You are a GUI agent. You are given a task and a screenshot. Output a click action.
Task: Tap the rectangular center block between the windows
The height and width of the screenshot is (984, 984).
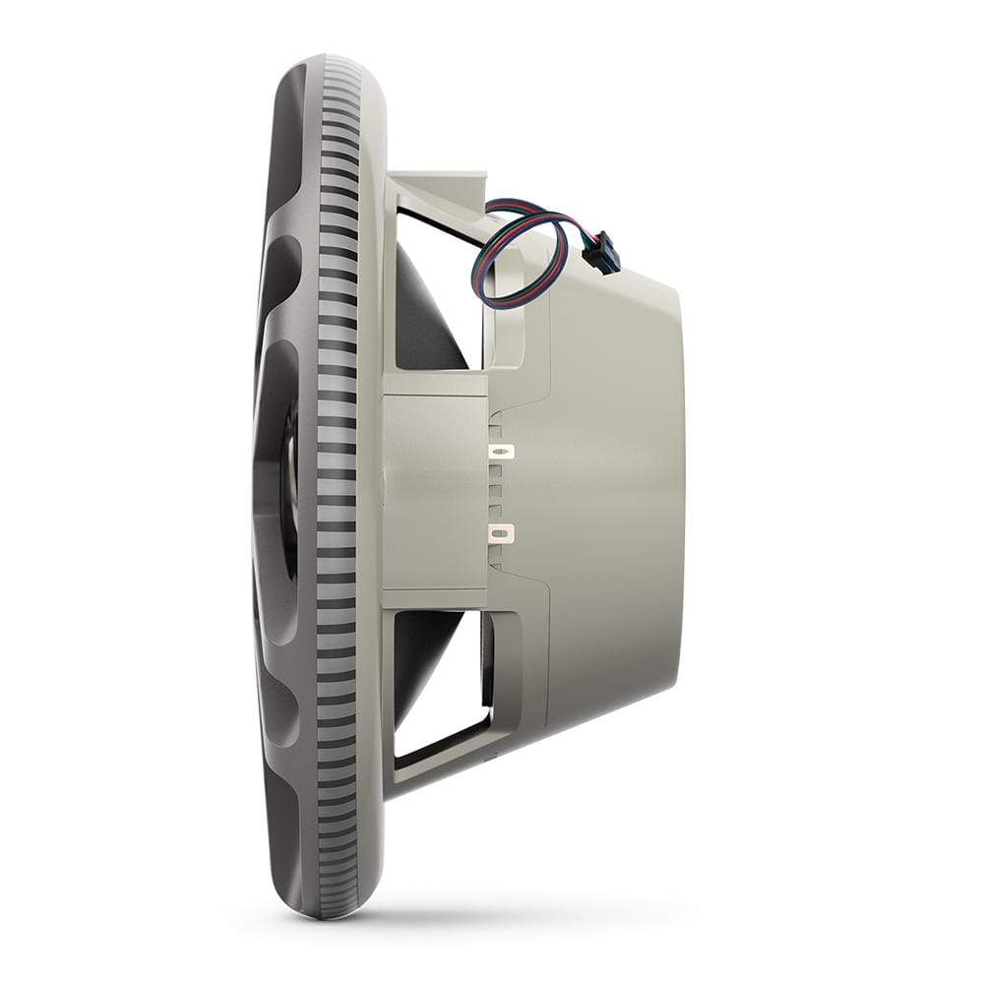coord(433,492)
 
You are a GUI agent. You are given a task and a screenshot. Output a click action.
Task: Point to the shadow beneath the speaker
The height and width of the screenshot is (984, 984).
coord(472,920)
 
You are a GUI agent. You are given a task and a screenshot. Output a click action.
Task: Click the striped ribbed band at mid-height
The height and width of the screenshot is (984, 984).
coord(335,492)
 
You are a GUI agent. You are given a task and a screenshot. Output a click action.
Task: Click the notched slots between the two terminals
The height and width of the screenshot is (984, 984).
coord(499,492)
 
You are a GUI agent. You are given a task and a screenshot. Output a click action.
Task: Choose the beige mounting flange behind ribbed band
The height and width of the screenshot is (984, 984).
coord(370,492)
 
